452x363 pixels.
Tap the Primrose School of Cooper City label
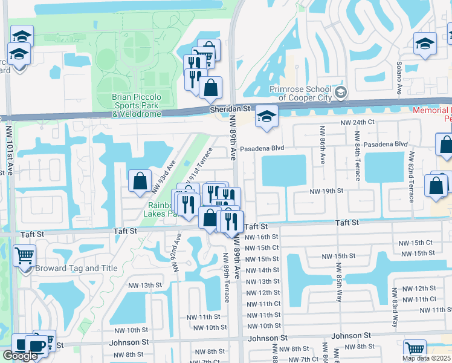(300, 94)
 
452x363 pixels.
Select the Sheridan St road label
(230, 108)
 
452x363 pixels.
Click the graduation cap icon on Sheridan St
(265, 117)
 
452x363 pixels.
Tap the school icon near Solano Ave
(425, 44)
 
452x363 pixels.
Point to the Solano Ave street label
(399, 81)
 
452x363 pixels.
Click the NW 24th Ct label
(358, 123)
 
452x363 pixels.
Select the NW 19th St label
(326, 191)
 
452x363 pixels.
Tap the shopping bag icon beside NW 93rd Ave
(140, 180)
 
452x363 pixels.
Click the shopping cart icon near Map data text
(415, 349)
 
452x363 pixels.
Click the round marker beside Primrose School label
(341, 93)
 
